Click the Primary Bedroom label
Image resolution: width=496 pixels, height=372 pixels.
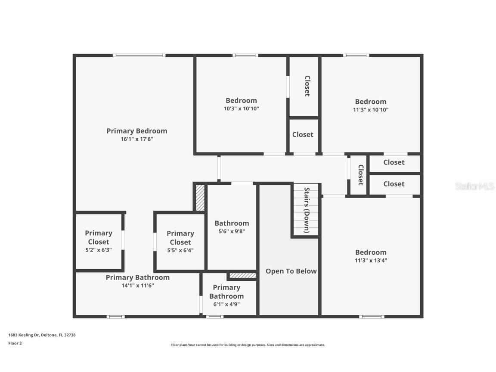click(136, 131)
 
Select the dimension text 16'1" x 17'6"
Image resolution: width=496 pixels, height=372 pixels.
click(136, 139)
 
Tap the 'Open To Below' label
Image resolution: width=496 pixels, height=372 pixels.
click(291, 271)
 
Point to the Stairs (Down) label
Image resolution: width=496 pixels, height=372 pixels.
click(307, 210)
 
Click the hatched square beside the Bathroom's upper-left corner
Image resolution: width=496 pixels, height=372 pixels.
click(200, 198)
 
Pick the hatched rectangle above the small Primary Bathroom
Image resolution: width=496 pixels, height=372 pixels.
click(242, 276)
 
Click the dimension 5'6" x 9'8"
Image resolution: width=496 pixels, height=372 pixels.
click(232, 231)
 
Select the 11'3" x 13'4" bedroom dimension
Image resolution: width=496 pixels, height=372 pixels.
click(370, 260)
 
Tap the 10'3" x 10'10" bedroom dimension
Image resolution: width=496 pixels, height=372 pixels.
click(241, 108)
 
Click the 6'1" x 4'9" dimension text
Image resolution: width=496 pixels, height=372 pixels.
click(226, 304)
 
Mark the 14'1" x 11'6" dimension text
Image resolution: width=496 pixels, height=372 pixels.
click(137, 285)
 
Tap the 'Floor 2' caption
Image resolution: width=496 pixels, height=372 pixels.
click(15, 343)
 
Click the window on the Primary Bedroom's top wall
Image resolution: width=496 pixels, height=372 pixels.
click(139, 55)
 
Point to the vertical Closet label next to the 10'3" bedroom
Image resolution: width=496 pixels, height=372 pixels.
click(307, 86)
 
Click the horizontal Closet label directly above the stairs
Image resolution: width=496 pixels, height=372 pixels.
click(303, 135)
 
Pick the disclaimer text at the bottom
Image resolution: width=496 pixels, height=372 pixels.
click(248, 345)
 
